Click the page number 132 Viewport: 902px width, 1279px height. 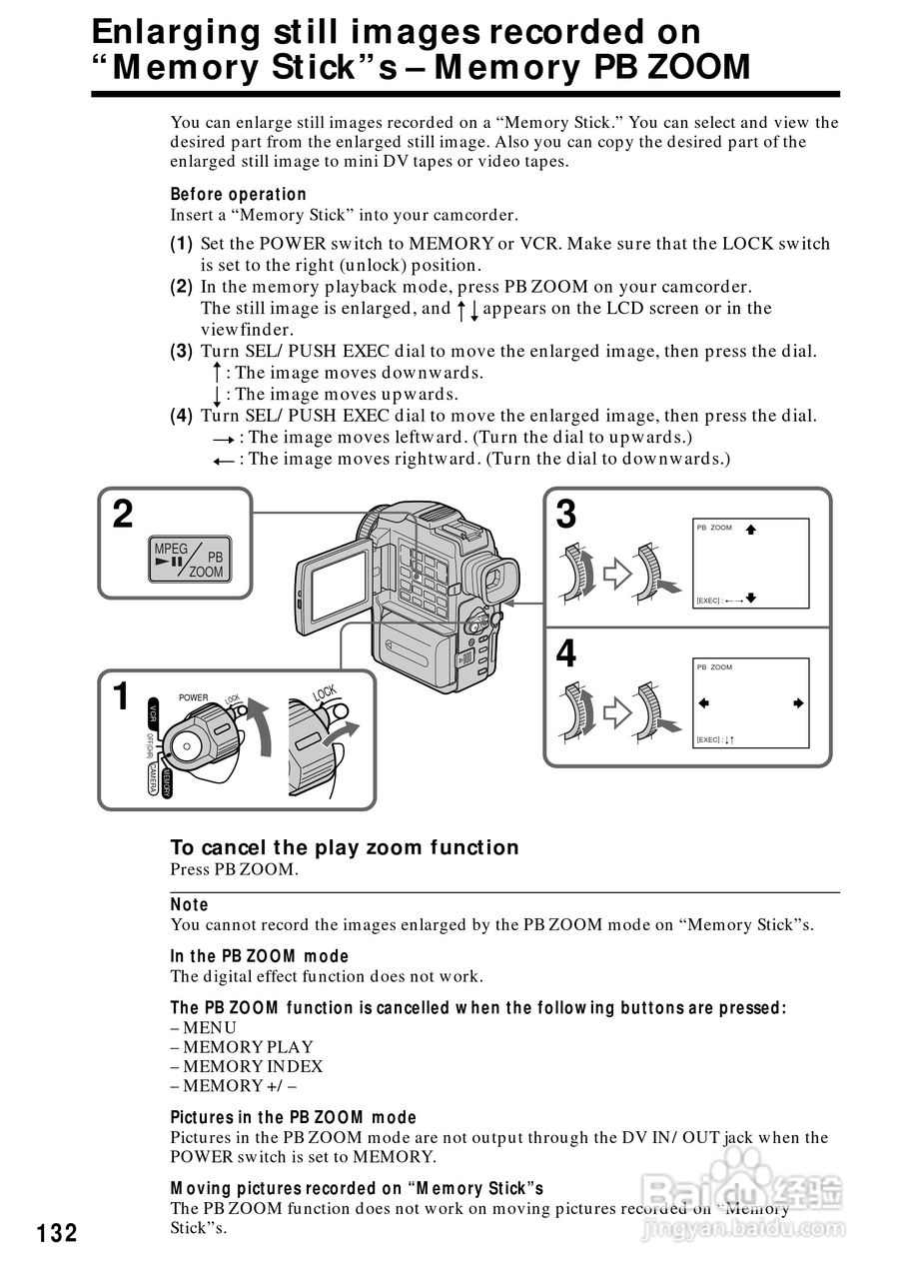click(x=57, y=1233)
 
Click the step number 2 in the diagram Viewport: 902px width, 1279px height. click(x=122, y=516)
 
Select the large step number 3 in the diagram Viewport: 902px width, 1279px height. click(x=565, y=516)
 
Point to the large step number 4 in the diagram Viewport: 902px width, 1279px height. click(x=565, y=654)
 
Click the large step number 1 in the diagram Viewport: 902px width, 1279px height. click(x=121, y=696)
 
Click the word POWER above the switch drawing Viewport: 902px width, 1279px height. click(x=194, y=697)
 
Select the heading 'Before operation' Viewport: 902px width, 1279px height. click(x=238, y=194)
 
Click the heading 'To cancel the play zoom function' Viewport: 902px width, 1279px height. click(x=345, y=847)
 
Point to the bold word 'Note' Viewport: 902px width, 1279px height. click(x=189, y=904)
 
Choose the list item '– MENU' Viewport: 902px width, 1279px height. click(x=203, y=1027)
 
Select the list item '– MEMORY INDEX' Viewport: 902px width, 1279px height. click(x=246, y=1066)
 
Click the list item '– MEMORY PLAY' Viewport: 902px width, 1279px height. click(x=241, y=1047)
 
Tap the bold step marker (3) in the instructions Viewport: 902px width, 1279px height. click(x=181, y=352)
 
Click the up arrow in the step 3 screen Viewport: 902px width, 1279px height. click(x=750, y=530)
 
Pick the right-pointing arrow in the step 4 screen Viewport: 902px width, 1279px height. click(x=797, y=703)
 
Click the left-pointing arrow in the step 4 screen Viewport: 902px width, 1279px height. click(x=703, y=703)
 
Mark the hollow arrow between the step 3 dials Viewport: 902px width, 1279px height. click(x=618, y=573)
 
